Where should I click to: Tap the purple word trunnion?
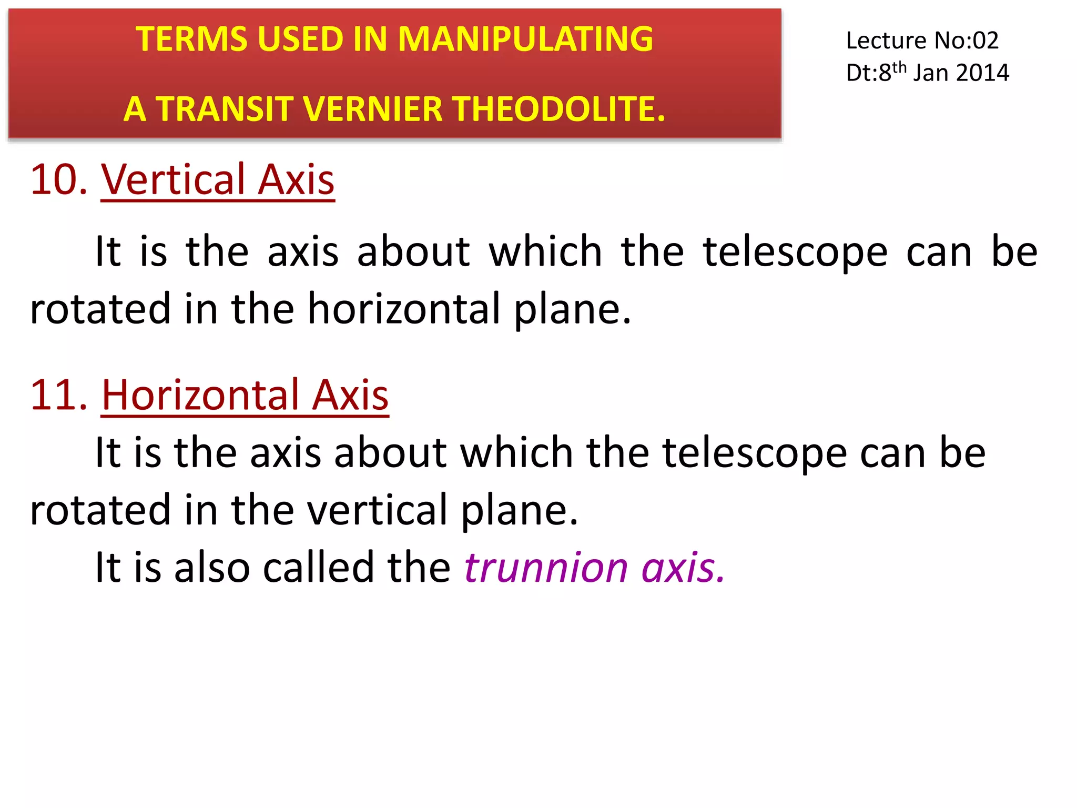[545, 568]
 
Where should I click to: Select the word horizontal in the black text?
[403, 309]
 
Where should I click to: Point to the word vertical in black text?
[377, 510]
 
